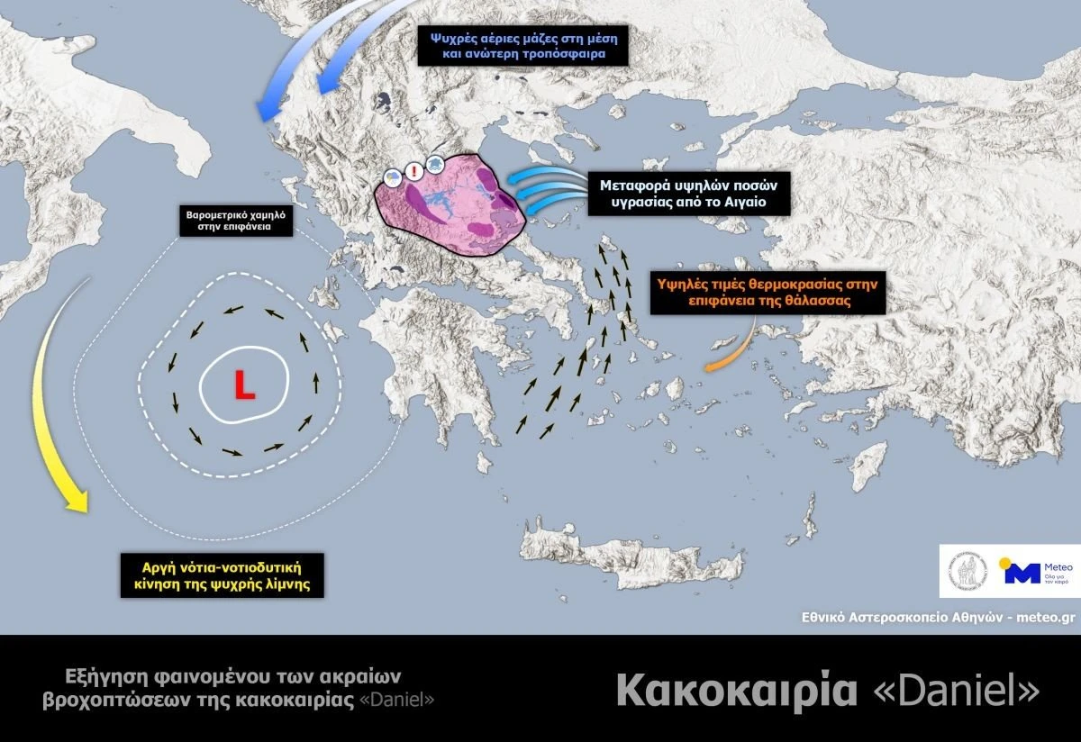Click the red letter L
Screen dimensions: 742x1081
(244, 385)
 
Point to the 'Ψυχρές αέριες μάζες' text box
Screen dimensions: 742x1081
(522, 44)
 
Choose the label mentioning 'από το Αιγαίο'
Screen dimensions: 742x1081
(688, 194)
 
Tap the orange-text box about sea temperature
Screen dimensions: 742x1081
(768, 294)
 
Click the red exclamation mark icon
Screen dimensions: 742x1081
(413, 168)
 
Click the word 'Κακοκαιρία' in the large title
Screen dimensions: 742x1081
(736, 691)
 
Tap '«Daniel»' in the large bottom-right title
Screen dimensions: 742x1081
(957, 691)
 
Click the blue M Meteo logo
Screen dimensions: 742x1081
(1022, 573)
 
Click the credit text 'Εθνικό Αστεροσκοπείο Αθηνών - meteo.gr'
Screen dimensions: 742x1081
(939, 618)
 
